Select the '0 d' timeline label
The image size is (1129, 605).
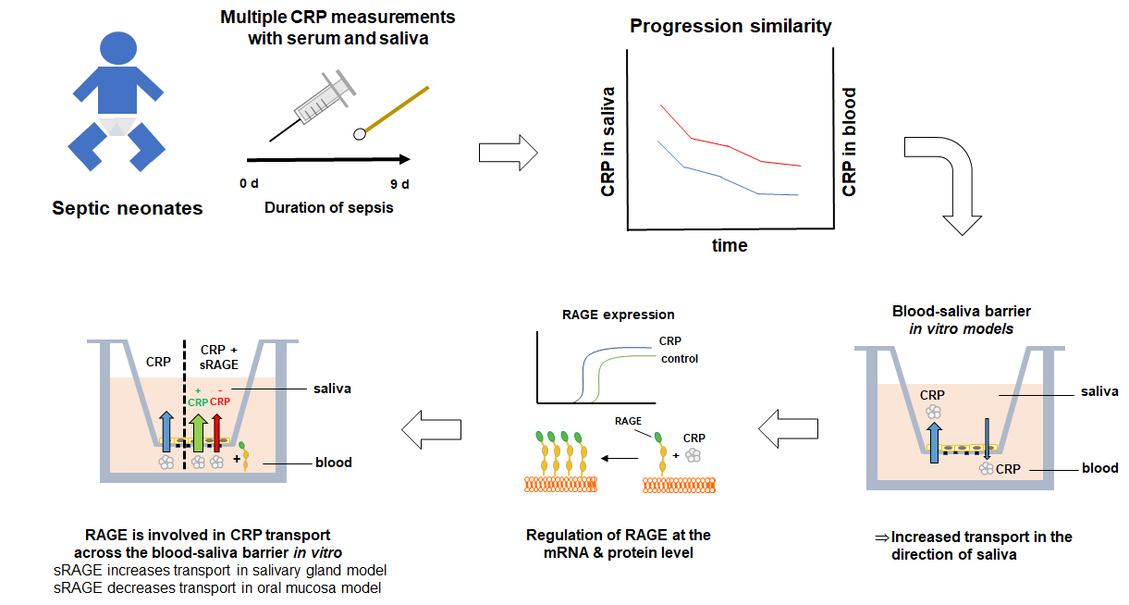(249, 183)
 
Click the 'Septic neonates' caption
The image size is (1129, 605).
(127, 208)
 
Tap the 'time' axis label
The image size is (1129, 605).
(730, 246)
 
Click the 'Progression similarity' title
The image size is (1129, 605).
(730, 26)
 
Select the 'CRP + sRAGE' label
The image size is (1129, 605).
(219, 357)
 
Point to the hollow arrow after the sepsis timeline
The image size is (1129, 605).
(509, 152)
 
